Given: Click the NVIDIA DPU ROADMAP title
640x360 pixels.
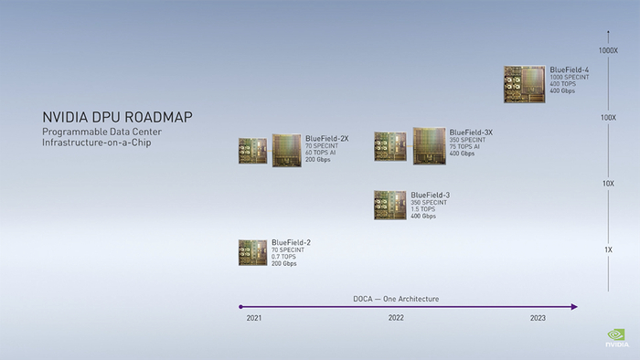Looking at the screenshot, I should (117, 118).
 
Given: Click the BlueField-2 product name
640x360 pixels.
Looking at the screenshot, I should (291, 242).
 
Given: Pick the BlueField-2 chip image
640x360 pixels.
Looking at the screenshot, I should (252, 253).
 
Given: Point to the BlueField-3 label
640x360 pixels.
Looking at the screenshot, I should (430, 195).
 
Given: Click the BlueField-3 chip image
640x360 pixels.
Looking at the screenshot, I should (389, 205).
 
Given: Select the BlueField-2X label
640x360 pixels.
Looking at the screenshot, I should (326, 138).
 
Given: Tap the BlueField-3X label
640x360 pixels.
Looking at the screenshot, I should (471, 132).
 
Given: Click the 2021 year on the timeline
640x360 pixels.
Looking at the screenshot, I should (254, 318).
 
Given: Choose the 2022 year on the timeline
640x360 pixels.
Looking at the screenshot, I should (396, 318).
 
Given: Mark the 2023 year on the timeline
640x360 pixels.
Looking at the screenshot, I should (539, 318).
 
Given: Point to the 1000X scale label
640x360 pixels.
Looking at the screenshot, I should (608, 50).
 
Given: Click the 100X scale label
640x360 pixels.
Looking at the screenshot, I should (608, 117).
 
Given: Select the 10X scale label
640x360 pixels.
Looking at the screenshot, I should (608, 184).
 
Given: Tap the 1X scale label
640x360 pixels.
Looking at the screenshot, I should (608, 249).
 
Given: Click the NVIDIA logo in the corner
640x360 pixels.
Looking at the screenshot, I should (617, 339).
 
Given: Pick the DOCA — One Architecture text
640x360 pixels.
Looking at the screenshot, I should (396, 299).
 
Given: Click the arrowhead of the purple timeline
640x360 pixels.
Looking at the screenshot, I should (574, 307).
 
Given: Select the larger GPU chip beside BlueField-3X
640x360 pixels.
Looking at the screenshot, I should (430, 145).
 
